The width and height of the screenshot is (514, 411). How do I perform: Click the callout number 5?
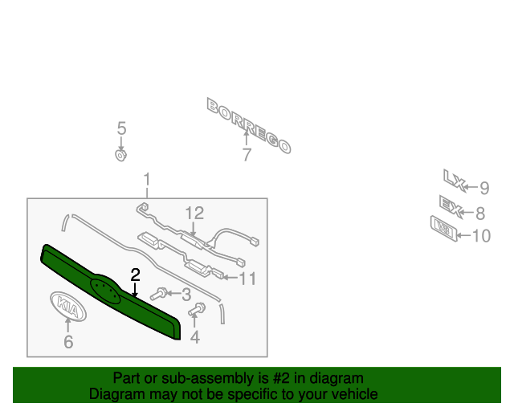click(x=122, y=128)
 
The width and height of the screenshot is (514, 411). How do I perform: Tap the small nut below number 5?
click(x=121, y=154)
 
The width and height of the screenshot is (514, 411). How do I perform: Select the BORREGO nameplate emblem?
click(x=249, y=124)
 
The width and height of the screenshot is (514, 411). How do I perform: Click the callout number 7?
click(x=247, y=156)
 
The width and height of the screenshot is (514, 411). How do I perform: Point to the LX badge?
click(x=455, y=178)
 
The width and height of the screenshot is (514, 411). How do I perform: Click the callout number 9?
click(x=484, y=189)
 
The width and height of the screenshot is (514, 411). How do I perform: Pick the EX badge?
click(x=451, y=207)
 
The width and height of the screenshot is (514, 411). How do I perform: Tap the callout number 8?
click(x=480, y=214)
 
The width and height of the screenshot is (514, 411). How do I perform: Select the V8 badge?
click(x=444, y=228)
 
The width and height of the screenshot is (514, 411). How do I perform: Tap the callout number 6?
click(x=68, y=343)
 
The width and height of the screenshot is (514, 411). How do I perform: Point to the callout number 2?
click(x=136, y=275)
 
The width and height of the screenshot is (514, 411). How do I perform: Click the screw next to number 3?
click(x=160, y=295)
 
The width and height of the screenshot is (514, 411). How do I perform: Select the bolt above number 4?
click(x=197, y=309)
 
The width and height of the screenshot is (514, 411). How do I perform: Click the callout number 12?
click(x=194, y=214)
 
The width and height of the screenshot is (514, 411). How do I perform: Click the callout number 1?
click(x=147, y=179)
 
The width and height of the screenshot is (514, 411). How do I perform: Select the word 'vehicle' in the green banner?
click(x=353, y=394)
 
